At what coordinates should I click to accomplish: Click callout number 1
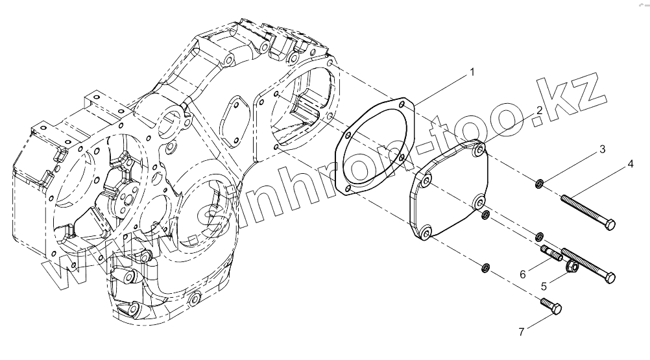click(x=472, y=72)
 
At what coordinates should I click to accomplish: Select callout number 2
click(x=539, y=111)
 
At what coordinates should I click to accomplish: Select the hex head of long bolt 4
click(x=610, y=225)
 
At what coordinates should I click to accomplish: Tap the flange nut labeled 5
click(x=573, y=266)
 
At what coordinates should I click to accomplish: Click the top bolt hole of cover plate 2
click(x=479, y=150)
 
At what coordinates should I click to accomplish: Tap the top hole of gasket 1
click(x=403, y=103)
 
